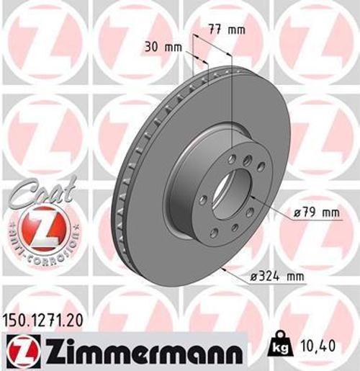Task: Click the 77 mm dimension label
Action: (x=228, y=30)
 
